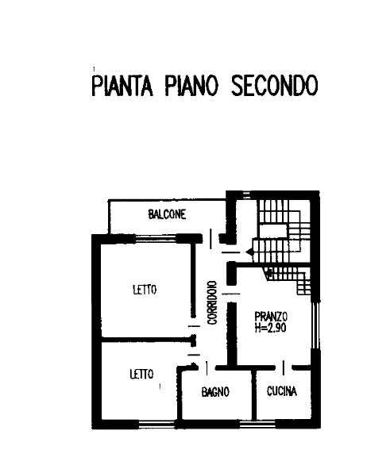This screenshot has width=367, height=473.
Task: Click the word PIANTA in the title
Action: click(122, 86)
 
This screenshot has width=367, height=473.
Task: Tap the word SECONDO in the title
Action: click(275, 86)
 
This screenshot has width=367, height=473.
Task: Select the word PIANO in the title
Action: click(191, 86)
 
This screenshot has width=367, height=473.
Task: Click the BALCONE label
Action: click(167, 214)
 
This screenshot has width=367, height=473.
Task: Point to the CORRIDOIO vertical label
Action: click(213, 302)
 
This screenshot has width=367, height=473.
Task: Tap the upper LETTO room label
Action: click(145, 290)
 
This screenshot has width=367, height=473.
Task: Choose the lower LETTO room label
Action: click(141, 374)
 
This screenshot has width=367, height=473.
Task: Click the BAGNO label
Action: click(215, 392)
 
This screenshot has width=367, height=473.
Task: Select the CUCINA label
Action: click(282, 391)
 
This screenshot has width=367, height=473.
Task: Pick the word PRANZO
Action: click(271, 317)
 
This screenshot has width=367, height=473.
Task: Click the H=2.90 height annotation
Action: click(271, 327)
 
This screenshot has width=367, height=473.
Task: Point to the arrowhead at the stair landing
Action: click(249, 252)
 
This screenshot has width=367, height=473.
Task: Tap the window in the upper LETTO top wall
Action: click(156, 238)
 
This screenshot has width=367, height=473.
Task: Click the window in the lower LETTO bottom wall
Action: click(159, 424)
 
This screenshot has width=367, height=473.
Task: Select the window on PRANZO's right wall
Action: click(315, 325)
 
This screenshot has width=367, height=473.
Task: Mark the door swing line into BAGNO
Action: click(207, 368)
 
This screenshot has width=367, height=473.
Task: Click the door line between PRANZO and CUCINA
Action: click(284, 367)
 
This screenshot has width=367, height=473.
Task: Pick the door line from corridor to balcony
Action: click(211, 239)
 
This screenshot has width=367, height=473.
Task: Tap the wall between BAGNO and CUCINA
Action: click(254, 394)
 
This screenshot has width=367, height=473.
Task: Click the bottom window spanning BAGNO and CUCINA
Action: click(257, 424)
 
